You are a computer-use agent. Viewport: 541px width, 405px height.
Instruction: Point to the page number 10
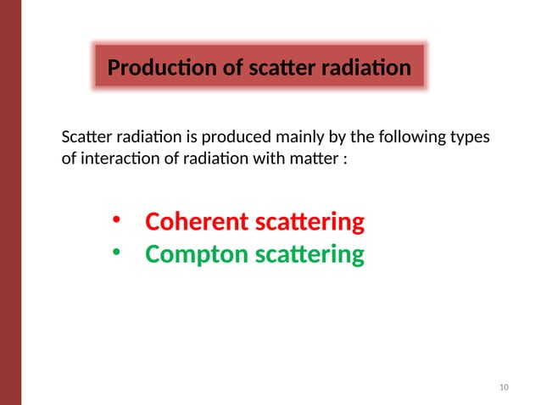[x=505, y=388]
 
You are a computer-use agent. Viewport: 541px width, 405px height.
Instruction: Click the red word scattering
[x=309, y=223]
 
